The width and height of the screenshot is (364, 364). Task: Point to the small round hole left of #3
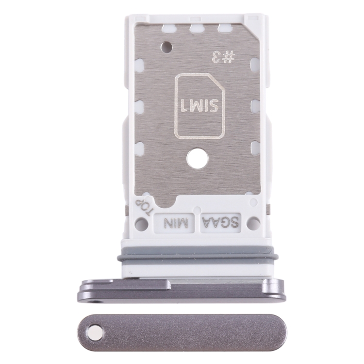coord(166,47)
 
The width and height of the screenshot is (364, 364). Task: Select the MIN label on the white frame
coord(175,223)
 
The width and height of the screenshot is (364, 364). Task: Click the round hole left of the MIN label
coord(141,224)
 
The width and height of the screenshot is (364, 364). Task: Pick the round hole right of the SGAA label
coord(253,223)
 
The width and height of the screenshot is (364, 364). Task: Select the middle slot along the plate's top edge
coord(197,29)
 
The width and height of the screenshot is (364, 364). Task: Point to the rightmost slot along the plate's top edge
coord(224,29)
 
